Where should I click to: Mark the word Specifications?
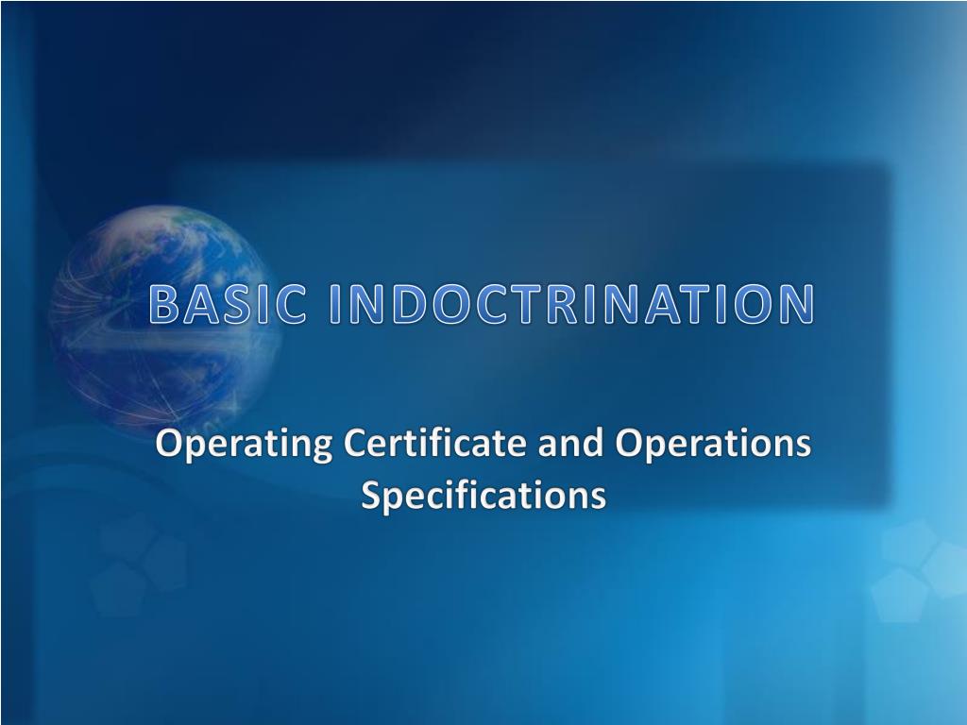pos(483,495)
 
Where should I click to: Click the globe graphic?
pos(161,312)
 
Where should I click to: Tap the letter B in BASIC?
pos(165,305)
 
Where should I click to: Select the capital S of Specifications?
pos(372,495)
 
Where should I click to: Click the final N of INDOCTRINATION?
pos(795,305)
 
